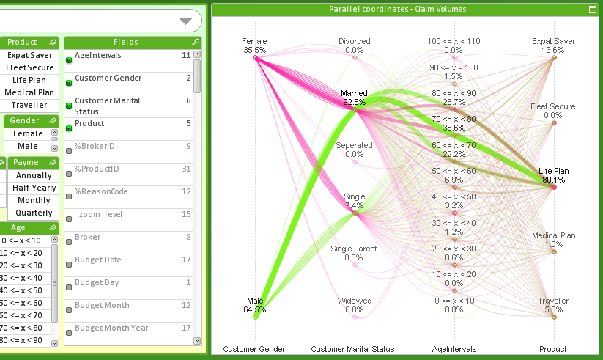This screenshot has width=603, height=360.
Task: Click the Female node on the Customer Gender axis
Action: click(x=256, y=57)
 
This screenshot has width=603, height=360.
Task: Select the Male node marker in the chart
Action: click(x=256, y=316)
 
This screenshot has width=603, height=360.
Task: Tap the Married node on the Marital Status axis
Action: click(x=355, y=110)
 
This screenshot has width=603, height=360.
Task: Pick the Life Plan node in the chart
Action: click(x=554, y=188)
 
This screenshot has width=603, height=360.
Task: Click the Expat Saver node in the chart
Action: click(x=554, y=57)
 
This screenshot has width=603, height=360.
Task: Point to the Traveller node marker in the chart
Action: click(x=554, y=316)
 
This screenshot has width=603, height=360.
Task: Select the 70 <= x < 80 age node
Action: click(x=454, y=135)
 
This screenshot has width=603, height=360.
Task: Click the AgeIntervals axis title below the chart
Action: click(x=454, y=349)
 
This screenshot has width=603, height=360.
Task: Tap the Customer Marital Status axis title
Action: click(x=352, y=349)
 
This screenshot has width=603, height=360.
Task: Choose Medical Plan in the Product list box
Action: click(x=29, y=92)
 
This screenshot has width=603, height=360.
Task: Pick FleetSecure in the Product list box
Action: click(x=29, y=67)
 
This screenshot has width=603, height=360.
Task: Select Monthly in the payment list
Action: click(x=34, y=200)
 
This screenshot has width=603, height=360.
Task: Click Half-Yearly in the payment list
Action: click(x=34, y=188)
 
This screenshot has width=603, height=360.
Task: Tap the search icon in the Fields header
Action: click(x=196, y=43)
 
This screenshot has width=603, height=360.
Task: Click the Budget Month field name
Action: click(x=102, y=305)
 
